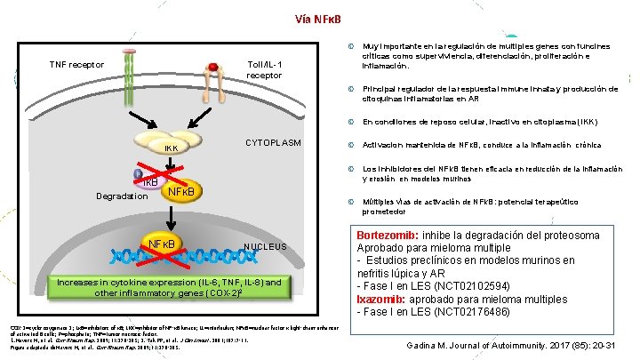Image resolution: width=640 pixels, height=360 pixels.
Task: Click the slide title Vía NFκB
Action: [x=319, y=19]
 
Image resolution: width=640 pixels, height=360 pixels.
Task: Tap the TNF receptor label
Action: [x=76, y=65]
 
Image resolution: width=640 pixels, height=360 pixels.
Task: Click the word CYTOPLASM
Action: [x=272, y=143]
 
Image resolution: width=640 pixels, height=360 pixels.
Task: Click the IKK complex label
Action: [x=170, y=148]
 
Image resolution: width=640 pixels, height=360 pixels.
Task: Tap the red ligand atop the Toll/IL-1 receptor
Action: [x=212, y=66]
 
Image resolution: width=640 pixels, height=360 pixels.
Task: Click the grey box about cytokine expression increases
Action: [x=169, y=287]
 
